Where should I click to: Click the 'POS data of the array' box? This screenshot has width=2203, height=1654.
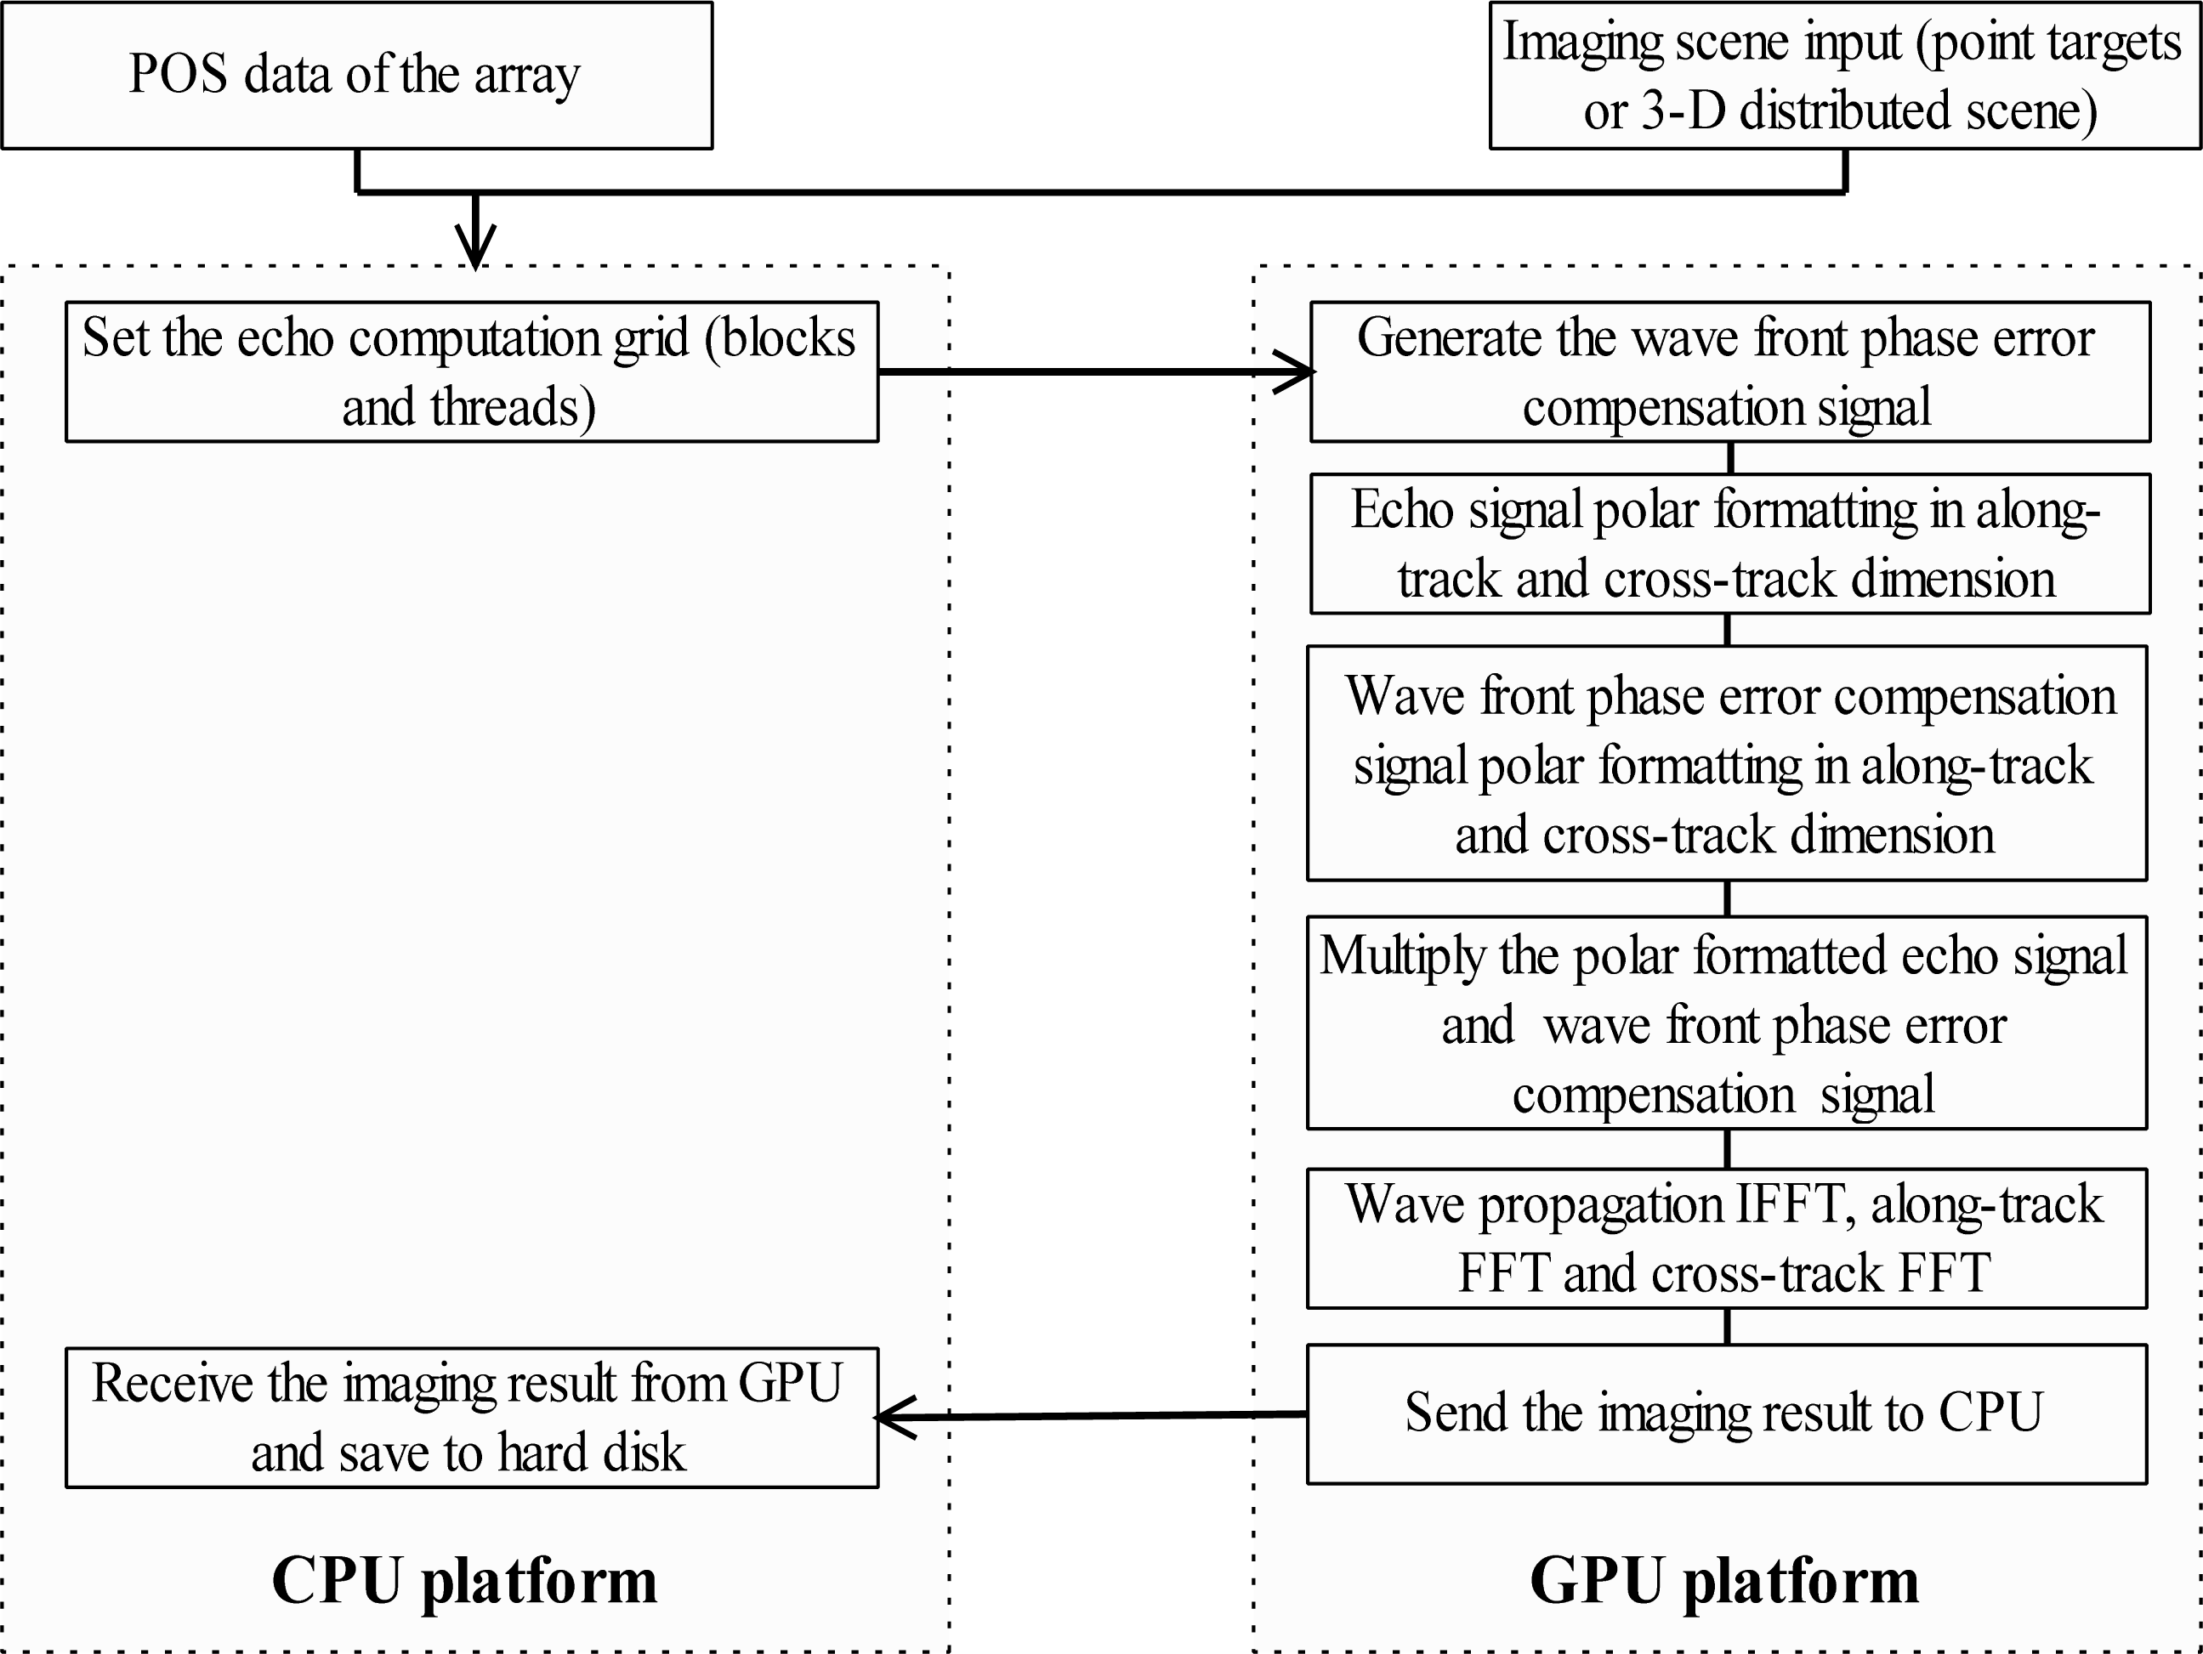click(356, 76)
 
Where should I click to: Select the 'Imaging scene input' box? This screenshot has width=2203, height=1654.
click(1844, 76)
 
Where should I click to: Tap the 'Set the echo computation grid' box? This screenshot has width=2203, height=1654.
click(471, 371)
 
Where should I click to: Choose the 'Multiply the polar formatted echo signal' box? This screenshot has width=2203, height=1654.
click(1726, 1022)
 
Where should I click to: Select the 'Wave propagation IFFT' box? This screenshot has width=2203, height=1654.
click(1726, 1238)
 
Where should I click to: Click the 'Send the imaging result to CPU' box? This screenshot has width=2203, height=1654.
click(1726, 1413)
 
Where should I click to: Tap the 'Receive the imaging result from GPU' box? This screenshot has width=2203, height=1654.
click(471, 1417)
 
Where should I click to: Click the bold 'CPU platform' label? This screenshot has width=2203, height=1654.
click(464, 1580)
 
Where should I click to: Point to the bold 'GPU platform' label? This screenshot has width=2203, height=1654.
click(1724, 1580)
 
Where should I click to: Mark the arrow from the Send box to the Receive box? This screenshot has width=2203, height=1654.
click(1091, 1415)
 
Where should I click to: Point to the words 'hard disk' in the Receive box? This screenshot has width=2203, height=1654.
click(592, 1453)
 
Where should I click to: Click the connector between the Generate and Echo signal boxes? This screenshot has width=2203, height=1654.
click(1730, 458)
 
